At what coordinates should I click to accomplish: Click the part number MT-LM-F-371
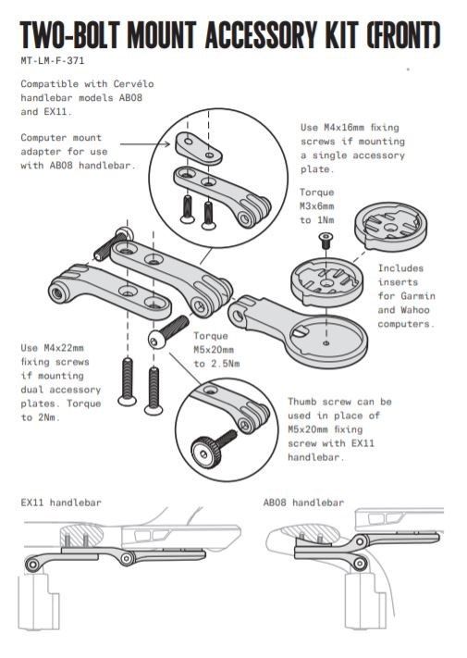pyautogui.click(x=53, y=60)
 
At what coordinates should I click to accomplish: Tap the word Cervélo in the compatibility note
pyautogui.click(x=134, y=84)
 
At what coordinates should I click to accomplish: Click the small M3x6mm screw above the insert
pyautogui.click(x=326, y=240)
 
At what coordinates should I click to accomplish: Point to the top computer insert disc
pyautogui.click(x=390, y=227)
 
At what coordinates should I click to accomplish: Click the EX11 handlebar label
pyautogui.click(x=61, y=503)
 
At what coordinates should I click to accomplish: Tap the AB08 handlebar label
pyautogui.click(x=303, y=503)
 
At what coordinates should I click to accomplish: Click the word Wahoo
pyautogui.click(x=415, y=310)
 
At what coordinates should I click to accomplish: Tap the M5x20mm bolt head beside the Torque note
pyautogui.click(x=156, y=340)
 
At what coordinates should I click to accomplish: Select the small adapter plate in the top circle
pyautogui.click(x=198, y=148)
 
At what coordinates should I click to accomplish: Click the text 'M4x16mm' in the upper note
pyautogui.click(x=344, y=127)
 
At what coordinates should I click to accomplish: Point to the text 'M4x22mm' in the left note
pyautogui.click(x=64, y=348)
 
